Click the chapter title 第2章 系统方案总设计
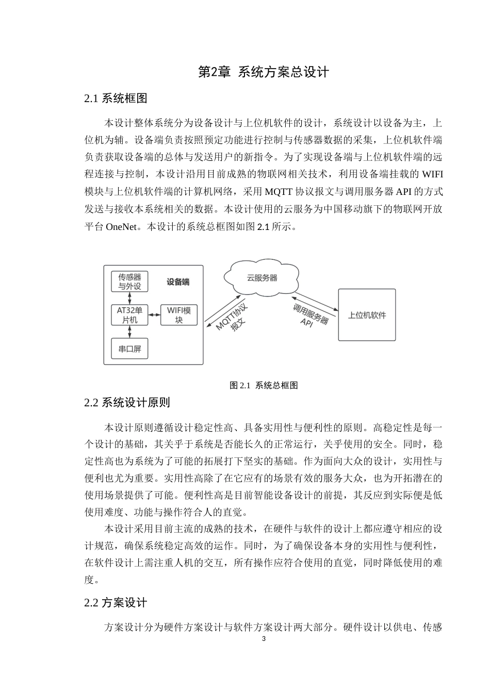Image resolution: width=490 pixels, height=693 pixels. coord(263,72)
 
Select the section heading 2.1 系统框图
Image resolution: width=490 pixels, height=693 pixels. coord(116,98)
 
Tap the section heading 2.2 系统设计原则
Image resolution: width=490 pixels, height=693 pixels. coord(127,402)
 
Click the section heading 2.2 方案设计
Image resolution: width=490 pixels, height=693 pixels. coord(116,602)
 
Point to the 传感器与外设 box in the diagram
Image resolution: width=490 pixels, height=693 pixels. coord(129,282)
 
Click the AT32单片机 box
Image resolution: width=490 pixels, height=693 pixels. coord(129,315)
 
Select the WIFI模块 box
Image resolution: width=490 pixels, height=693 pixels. coord(179,315)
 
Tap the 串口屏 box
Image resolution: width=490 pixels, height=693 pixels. coord(129,349)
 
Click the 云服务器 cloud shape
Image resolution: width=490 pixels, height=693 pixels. coord(262,278)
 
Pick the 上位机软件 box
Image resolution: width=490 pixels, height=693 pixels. coord(367,315)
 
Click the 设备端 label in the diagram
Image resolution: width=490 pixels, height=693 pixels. coord(178,282)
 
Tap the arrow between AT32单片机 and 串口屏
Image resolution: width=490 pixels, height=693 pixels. coord(129,332)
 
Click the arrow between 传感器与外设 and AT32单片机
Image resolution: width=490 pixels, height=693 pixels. coord(129,299)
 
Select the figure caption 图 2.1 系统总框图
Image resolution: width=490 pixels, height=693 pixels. coord(264,385)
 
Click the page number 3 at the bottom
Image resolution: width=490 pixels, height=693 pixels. coord(264,639)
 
